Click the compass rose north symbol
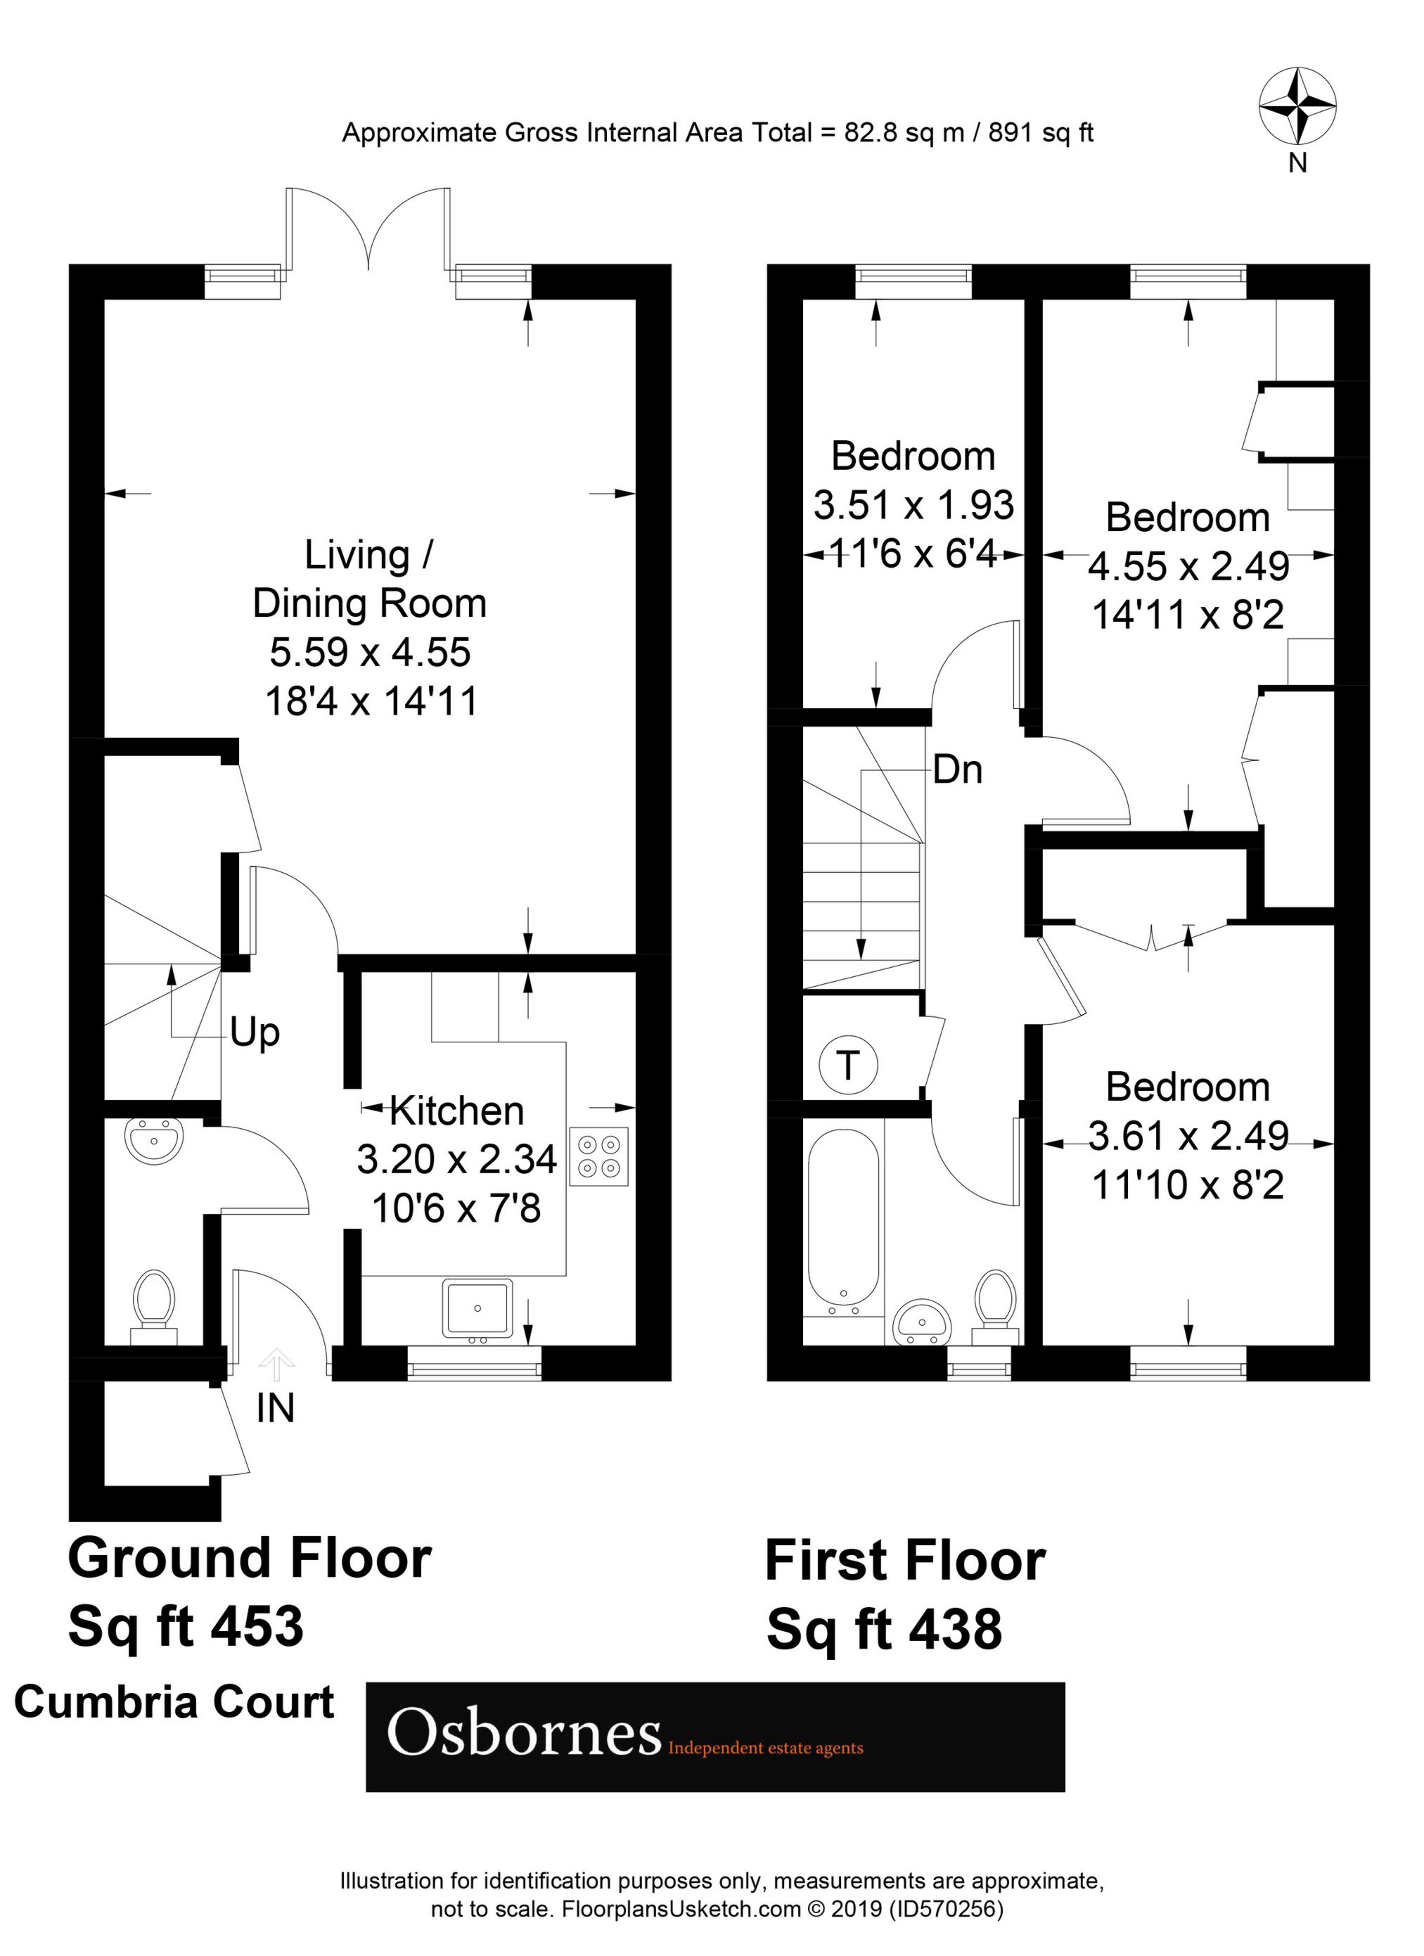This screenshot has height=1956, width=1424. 1297,107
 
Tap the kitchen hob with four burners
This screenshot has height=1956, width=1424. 599,1156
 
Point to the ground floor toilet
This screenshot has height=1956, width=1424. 155,1305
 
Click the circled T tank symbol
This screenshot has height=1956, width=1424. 848,1066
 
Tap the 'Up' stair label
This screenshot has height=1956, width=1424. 255,1033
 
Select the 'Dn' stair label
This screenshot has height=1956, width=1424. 957,769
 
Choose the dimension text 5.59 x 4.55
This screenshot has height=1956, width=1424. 370,652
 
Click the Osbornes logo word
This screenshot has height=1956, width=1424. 524,1734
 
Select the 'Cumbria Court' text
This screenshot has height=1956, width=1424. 174,1702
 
